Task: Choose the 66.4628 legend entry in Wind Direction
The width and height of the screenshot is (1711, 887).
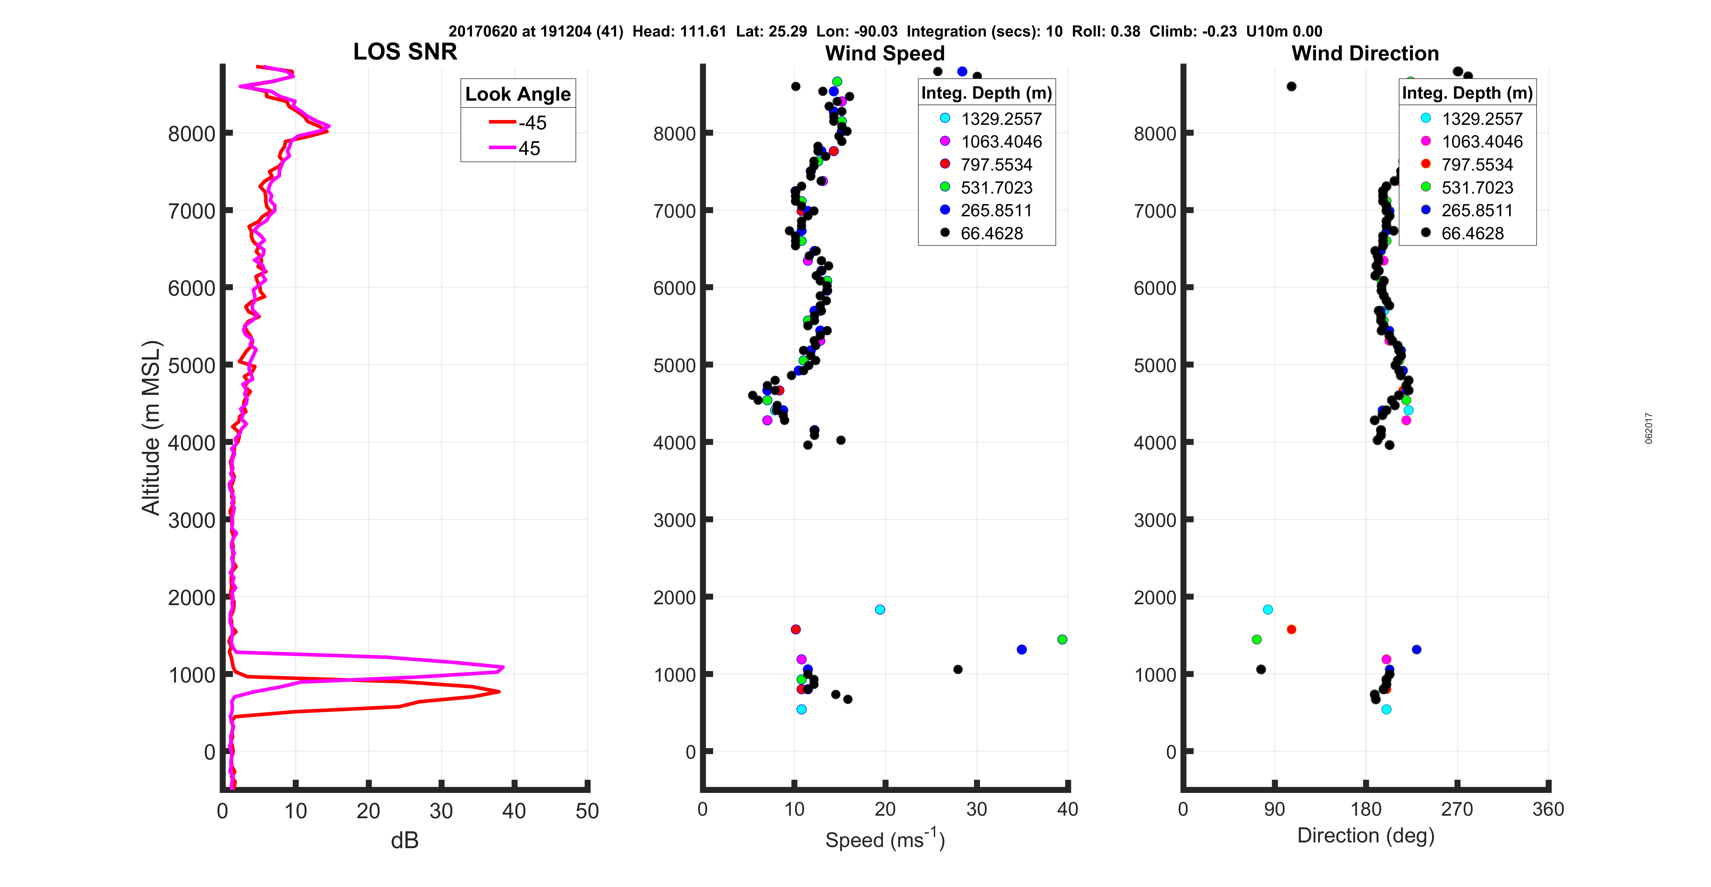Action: (1472, 233)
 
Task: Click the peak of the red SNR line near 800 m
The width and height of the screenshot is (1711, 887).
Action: (499, 692)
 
